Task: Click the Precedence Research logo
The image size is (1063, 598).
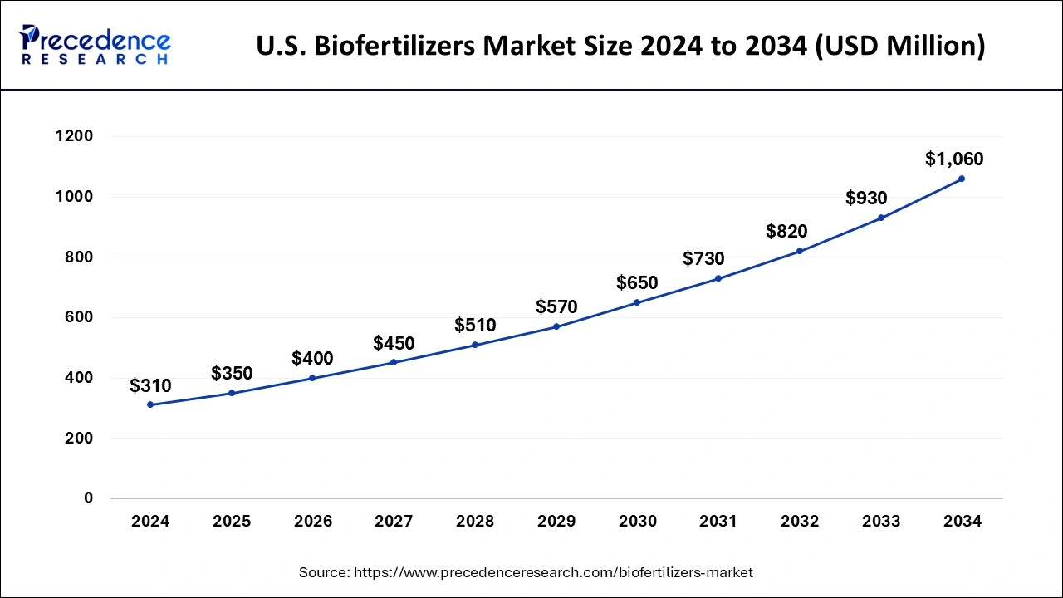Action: click(x=96, y=45)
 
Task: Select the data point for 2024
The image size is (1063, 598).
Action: click(x=150, y=404)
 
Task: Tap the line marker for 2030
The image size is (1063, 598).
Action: click(x=637, y=302)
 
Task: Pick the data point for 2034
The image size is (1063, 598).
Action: click(x=962, y=179)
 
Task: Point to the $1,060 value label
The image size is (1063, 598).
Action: click(x=954, y=159)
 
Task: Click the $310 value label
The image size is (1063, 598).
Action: click(x=150, y=385)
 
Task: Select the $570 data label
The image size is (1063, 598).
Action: click(x=556, y=307)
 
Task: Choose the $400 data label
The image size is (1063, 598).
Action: click(x=312, y=359)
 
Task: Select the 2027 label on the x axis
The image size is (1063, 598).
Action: click(x=394, y=522)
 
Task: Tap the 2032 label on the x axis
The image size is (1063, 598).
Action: click(x=800, y=522)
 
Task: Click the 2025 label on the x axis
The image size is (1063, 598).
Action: click(x=232, y=522)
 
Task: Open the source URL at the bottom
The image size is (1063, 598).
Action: click(x=554, y=572)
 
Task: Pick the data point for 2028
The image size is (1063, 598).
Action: click(x=475, y=345)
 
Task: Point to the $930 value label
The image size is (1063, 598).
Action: click(x=866, y=199)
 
